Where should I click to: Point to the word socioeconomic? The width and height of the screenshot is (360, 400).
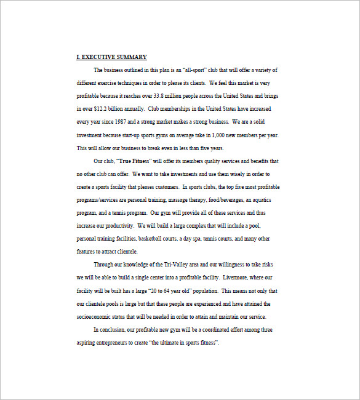[96, 316]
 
